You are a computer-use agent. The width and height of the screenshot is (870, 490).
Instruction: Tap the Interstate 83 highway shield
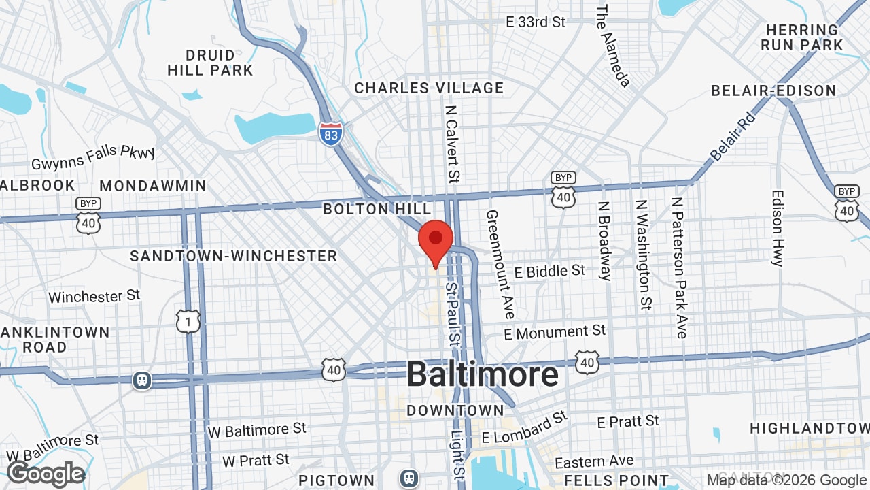(330, 133)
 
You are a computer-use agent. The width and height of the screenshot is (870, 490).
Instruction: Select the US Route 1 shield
(188, 321)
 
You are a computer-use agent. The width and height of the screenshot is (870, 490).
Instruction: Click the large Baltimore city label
(483, 375)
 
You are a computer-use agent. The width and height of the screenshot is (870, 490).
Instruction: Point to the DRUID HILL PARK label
(210, 63)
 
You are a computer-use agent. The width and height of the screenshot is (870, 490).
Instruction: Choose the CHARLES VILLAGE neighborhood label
(429, 88)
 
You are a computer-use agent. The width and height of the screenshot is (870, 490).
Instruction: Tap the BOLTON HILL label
(377, 209)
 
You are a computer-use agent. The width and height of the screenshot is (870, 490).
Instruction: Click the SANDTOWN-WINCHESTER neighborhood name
(234, 256)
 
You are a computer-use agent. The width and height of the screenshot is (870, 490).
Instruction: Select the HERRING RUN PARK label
(802, 37)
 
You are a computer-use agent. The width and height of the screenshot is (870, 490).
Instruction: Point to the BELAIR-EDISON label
(773, 91)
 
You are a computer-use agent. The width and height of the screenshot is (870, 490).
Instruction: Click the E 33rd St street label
(536, 22)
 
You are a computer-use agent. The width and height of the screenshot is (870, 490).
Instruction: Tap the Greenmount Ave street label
(500, 264)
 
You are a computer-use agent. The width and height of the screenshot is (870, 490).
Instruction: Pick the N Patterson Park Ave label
(679, 267)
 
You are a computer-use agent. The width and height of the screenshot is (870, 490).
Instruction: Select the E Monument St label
(555, 333)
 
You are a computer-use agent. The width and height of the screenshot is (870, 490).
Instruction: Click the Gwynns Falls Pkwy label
(93, 157)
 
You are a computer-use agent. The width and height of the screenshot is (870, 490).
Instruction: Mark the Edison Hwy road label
(778, 227)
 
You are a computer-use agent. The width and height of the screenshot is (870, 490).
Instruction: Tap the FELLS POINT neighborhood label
(616, 480)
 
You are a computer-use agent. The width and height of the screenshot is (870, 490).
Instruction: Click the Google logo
(46, 474)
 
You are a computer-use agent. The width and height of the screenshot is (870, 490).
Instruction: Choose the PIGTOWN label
(336, 480)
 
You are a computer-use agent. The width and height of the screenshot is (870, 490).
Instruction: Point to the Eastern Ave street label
(594, 463)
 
